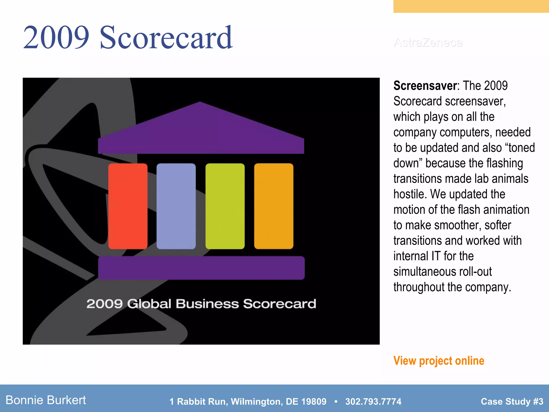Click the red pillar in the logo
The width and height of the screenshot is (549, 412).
(128, 206)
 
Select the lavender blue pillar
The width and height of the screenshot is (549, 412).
(176, 206)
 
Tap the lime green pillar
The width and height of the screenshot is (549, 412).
(225, 206)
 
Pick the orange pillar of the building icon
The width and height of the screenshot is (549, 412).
(274, 206)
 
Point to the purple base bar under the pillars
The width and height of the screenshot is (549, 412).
(201, 268)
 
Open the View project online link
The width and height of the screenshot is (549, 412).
(439, 361)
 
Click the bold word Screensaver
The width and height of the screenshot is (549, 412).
(425, 86)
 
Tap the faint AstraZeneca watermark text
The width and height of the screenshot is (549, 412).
(428, 43)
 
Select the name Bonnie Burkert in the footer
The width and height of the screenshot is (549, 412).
(46, 400)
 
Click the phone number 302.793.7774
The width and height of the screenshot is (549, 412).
(373, 402)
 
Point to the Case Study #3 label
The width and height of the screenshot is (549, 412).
(512, 402)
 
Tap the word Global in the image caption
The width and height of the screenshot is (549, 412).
(149, 304)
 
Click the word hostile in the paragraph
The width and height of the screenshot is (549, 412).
(410, 194)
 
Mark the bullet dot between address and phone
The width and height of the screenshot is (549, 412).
(336, 402)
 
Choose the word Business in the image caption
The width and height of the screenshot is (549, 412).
(207, 304)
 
